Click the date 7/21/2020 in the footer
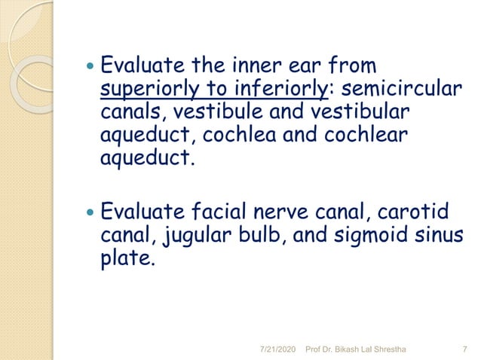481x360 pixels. click(x=278, y=349)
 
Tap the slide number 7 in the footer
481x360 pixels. click(x=461, y=349)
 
